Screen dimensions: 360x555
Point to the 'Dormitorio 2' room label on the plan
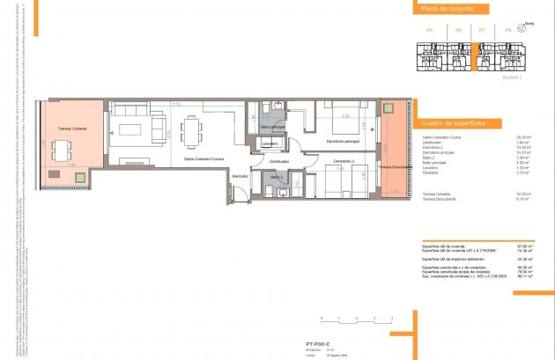click(344, 162)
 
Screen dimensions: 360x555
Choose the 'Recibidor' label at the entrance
click(240, 177)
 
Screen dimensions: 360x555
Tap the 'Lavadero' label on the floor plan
click(270, 143)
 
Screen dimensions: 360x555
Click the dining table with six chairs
click(192, 133)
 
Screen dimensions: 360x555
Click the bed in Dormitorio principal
click(335, 120)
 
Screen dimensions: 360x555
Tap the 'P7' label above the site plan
click(482, 31)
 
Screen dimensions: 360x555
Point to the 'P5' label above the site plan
click(429, 31)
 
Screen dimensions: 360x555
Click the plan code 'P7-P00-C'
click(318, 344)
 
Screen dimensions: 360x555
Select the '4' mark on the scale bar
click(393, 316)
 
